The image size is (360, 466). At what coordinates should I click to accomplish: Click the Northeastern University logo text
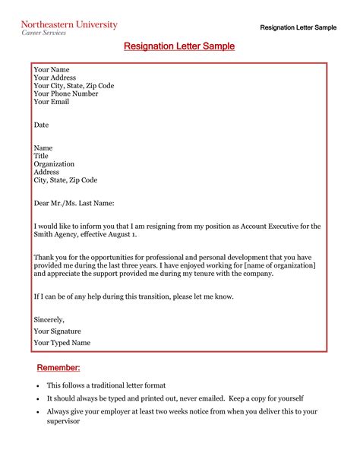coord(68,24)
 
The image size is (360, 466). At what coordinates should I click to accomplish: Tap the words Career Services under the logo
coord(43,33)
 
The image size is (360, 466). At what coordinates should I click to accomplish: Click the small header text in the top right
coord(298,27)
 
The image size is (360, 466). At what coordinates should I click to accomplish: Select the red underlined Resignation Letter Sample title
coord(179,47)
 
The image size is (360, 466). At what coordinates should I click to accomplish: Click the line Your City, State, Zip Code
coord(74,86)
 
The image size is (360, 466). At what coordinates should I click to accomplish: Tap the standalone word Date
coord(42,124)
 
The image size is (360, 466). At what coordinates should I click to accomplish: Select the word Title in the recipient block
coord(41,155)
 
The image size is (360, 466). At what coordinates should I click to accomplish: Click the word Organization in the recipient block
coord(54,163)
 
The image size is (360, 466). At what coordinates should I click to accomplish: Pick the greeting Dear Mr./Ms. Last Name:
coord(74,203)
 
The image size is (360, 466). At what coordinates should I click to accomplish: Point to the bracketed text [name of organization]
coord(273,265)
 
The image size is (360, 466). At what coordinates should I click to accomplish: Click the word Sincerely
coord(49,320)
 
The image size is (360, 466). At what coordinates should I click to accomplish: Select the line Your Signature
coord(58,331)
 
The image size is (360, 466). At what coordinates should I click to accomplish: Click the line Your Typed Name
coord(62,343)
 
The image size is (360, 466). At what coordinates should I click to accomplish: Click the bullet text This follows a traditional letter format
coord(106,386)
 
